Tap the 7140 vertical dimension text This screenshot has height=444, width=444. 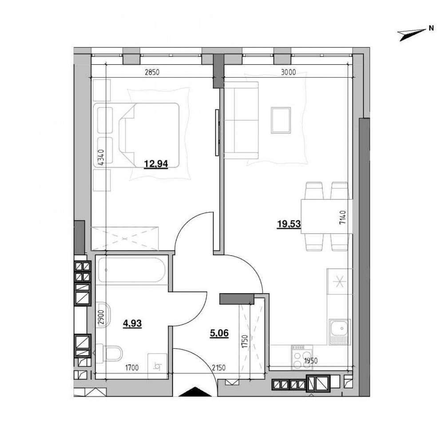coord(342,219)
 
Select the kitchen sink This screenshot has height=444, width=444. coord(340,331)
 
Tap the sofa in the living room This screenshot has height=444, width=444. coord(241,120)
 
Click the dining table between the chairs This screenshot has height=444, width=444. coord(327,217)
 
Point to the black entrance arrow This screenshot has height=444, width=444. coord(194,392)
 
